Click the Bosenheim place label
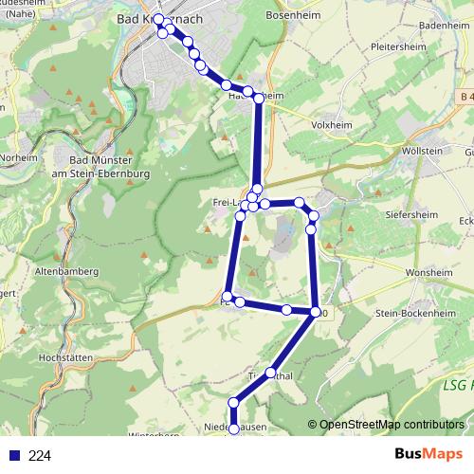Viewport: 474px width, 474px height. (319, 16)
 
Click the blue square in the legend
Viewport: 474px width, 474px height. (13, 455)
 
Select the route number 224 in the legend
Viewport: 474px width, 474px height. (41, 455)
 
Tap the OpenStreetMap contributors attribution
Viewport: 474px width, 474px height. (385, 424)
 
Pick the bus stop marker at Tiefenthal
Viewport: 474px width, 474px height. (272, 374)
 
